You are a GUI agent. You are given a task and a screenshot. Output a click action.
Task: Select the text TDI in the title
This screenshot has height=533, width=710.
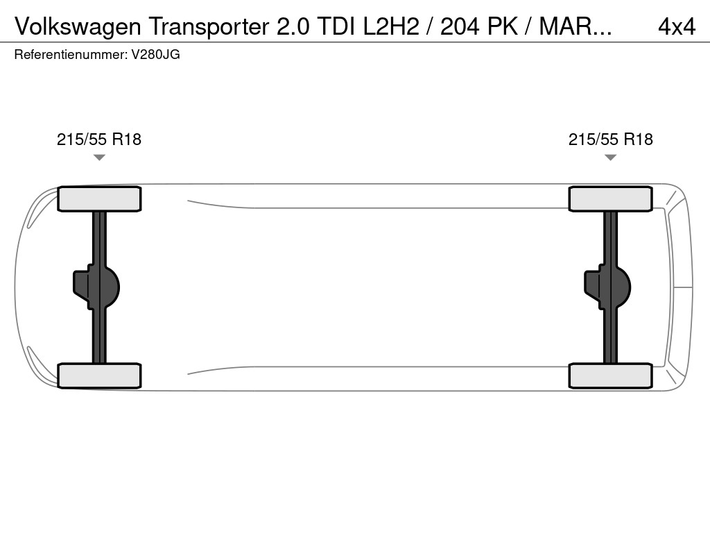334,26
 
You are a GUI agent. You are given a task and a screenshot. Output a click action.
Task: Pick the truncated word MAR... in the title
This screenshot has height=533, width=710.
575,26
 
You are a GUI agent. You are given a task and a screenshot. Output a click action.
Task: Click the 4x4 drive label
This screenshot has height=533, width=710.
676,26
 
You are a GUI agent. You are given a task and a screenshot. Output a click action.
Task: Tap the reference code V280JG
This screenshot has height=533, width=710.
155,55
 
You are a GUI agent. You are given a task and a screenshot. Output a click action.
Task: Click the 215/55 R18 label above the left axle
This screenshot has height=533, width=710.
99,139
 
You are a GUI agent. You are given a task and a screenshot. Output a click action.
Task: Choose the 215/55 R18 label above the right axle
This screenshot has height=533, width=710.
611,139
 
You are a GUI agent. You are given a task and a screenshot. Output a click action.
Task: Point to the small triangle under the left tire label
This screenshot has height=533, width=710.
99,158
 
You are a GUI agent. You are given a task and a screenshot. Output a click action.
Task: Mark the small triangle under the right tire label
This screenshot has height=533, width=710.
611,158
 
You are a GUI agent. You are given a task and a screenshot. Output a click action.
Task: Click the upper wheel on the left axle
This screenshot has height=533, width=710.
99,199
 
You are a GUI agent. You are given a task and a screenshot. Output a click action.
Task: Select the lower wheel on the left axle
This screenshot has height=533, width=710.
99,375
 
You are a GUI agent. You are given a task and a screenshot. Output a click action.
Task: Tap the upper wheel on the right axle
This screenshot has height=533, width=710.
611,199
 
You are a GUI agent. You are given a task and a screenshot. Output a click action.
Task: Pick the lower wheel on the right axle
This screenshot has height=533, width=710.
611,375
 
